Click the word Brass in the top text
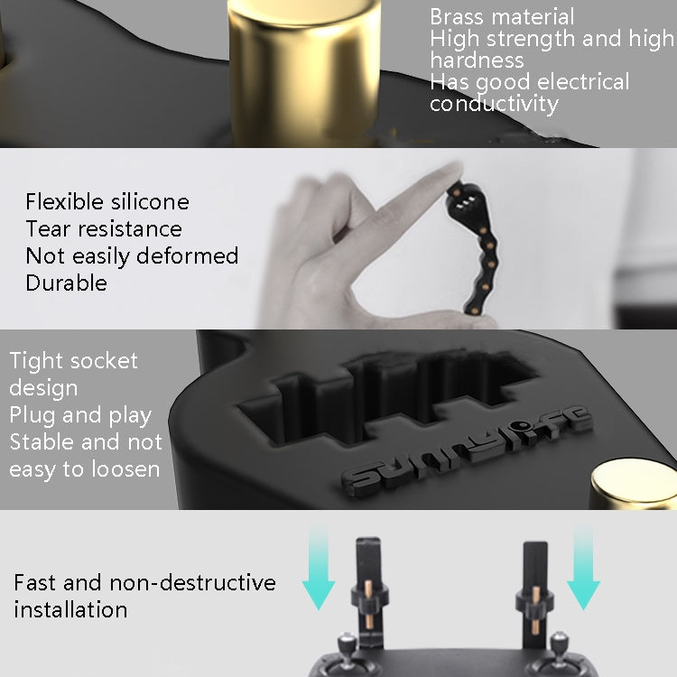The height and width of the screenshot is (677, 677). pyautogui.click(x=458, y=16)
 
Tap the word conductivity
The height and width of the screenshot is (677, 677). pyautogui.click(x=494, y=104)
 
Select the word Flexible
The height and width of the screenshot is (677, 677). pyautogui.click(x=61, y=201)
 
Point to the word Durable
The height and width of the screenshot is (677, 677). pyautogui.click(x=66, y=283)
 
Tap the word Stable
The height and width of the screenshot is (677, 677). pyautogui.click(x=45, y=442)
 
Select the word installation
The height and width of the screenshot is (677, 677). pyautogui.click(x=70, y=609)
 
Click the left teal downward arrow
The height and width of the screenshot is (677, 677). pyautogui.click(x=318, y=569)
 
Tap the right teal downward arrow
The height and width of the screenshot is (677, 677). pyautogui.click(x=582, y=569)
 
